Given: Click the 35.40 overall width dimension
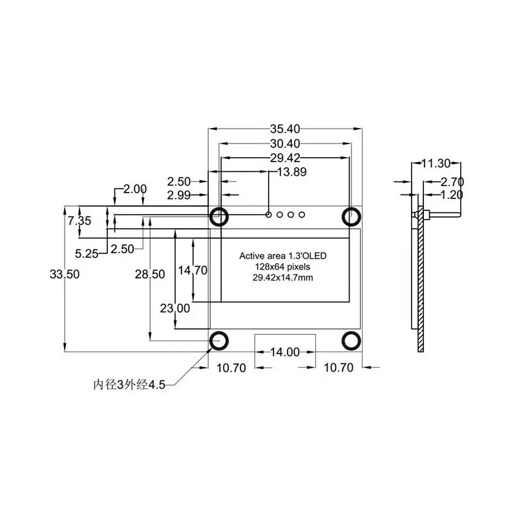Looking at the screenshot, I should pyautogui.click(x=285, y=129).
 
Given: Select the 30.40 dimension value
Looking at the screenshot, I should pyautogui.click(x=285, y=143).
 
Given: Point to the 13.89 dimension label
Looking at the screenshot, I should pyautogui.click(x=291, y=172).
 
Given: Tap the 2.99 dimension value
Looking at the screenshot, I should pyautogui.click(x=178, y=195).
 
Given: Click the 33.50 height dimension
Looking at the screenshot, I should pyautogui.click(x=65, y=274).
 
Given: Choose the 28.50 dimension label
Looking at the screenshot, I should pyautogui.click(x=150, y=274).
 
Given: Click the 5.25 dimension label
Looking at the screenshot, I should pyautogui.click(x=86, y=254).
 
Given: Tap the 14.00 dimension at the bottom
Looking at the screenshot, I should pyautogui.click(x=284, y=352).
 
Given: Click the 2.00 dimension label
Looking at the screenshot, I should pyautogui.click(x=135, y=189).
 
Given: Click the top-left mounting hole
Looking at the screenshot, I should pyautogui.click(x=218, y=215).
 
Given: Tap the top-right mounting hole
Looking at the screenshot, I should pyautogui.click(x=352, y=215).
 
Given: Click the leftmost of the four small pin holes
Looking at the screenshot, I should pyautogui.click(x=269, y=215).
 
